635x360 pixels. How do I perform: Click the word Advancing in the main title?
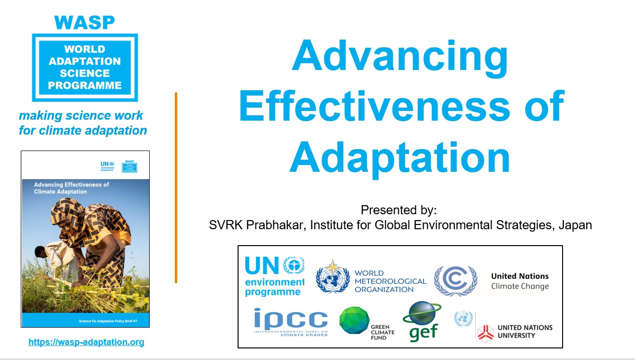point(400,57)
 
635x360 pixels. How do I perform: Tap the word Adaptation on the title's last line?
point(400,157)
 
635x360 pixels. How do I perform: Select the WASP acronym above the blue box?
point(85,22)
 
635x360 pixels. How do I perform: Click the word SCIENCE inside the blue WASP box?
point(85,73)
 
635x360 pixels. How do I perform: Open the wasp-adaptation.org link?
point(86,342)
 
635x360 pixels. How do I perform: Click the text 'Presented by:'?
point(398,210)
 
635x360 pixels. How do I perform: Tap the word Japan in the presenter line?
point(575,225)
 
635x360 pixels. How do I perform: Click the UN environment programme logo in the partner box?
point(274,276)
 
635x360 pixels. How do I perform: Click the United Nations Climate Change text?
point(520,281)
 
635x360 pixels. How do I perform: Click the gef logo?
point(421,321)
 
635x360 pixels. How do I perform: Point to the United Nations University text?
point(525,331)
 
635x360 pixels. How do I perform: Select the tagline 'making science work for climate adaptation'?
point(83,123)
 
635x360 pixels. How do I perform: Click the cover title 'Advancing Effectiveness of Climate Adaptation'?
point(71,188)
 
